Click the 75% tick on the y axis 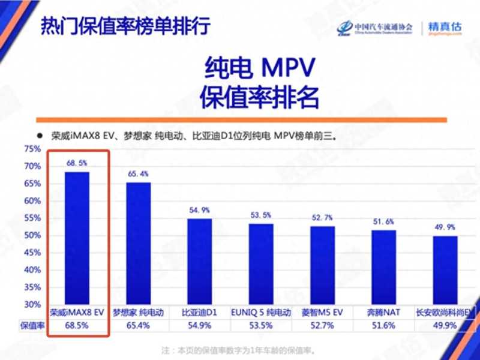pos(32,149)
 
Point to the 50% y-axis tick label pos(32,235)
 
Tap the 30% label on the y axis pos(32,304)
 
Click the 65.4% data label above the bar pos(138,174)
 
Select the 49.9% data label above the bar pos(445,227)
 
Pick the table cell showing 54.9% pos(199,325)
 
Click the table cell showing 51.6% pos(383,325)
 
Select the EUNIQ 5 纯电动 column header pos(260,313)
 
